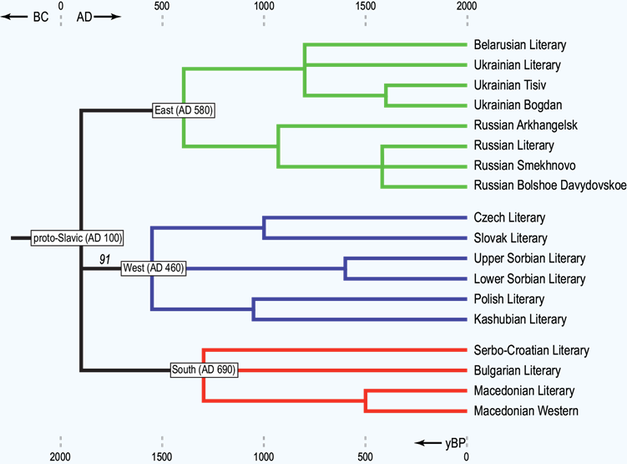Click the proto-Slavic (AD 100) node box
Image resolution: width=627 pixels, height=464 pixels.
coord(77,238)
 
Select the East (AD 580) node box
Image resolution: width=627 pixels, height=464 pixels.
coord(185,110)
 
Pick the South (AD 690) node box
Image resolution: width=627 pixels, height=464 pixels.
coord(203,370)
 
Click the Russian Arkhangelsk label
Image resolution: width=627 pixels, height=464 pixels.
coord(525,125)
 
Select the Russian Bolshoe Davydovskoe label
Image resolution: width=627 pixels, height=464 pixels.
coord(549,186)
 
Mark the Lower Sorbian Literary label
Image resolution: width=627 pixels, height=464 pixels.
coord(529,278)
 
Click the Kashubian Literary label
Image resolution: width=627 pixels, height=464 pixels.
coord(519,319)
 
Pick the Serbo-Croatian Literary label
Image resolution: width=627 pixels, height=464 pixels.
coord(531,350)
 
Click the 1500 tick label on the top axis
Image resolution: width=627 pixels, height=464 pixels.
coord(366,7)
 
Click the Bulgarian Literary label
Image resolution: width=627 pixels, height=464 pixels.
coord(517,370)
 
